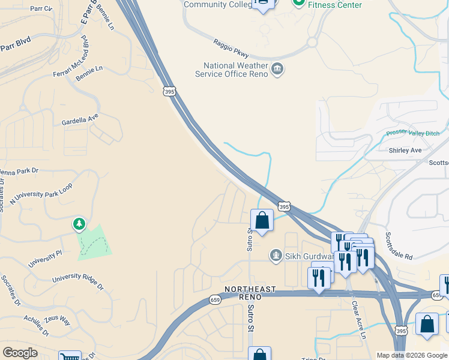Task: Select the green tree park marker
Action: [79, 224]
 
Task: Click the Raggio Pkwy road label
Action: [231, 48]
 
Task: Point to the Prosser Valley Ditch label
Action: [413, 133]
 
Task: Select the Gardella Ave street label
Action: [80, 120]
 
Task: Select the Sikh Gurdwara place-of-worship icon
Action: [276, 256]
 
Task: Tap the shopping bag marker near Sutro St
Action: [262, 220]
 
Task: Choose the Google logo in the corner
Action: [20, 353]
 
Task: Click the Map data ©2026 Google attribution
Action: [412, 355]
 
